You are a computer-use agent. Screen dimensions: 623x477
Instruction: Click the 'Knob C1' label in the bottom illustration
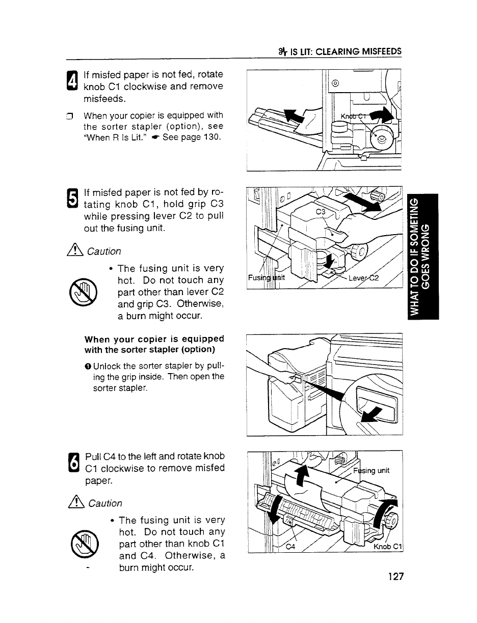pos(388,548)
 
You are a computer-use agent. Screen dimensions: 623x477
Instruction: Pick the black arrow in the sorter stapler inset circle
pos(371,413)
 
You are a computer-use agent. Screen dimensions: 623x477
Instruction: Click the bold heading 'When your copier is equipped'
pos(154,338)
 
